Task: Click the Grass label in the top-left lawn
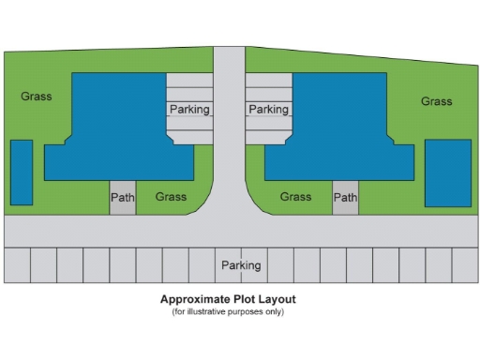[37, 96]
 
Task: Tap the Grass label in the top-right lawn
[436, 101]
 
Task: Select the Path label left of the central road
[123, 197]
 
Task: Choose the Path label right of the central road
[346, 197]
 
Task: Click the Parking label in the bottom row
[241, 265]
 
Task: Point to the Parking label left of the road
[189, 110]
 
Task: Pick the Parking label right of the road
[268, 110]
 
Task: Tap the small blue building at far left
[22, 172]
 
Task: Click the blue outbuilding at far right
[447, 172]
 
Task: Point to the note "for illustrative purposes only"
[228, 311]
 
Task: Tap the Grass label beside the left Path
[171, 197]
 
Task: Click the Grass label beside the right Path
[295, 197]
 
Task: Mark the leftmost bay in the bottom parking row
[18, 265]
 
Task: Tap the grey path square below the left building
[123, 197]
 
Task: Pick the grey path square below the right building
[346, 197]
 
